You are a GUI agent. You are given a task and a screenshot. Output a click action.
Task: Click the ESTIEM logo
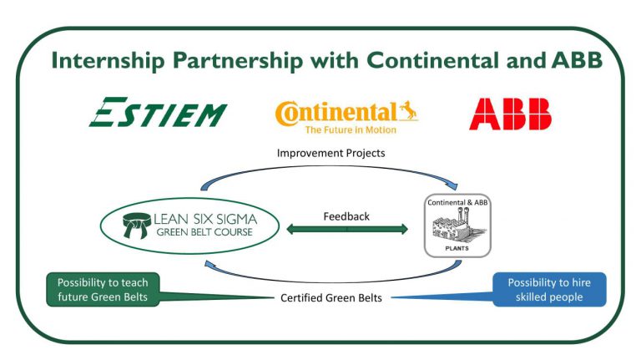click(x=158, y=112)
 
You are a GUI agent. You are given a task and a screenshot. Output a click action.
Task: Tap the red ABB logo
click(x=510, y=114)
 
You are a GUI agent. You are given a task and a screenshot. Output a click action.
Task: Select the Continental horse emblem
click(x=408, y=110)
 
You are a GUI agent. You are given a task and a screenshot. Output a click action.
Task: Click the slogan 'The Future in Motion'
click(x=351, y=130)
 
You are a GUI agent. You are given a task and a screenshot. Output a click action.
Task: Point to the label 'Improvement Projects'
click(x=331, y=153)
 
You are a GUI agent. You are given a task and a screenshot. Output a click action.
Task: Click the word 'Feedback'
click(x=346, y=216)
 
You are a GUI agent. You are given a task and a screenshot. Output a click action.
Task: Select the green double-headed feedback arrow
click(x=347, y=229)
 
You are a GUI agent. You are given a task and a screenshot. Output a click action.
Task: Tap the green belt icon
click(x=137, y=225)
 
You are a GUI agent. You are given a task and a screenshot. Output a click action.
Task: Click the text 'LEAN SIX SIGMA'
click(x=205, y=220)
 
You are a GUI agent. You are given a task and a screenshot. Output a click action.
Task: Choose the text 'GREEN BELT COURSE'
click(x=204, y=232)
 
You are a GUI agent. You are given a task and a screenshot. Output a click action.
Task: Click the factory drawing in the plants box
click(x=457, y=226)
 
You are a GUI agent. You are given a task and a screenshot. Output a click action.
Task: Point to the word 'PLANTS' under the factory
click(x=457, y=248)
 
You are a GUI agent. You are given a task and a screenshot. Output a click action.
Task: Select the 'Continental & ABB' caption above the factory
click(x=457, y=202)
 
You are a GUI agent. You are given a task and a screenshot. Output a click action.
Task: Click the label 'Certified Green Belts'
click(x=331, y=298)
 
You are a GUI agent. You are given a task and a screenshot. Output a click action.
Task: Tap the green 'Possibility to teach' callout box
click(x=103, y=290)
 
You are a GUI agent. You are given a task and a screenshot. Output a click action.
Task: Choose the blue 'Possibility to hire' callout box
click(x=549, y=290)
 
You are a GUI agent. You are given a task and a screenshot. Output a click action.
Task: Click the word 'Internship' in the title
click(x=108, y=60)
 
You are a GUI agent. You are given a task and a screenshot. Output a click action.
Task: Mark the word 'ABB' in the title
click(x=577, y=60)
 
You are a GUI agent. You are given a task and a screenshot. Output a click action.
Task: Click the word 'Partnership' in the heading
click(x=238, y=60)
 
